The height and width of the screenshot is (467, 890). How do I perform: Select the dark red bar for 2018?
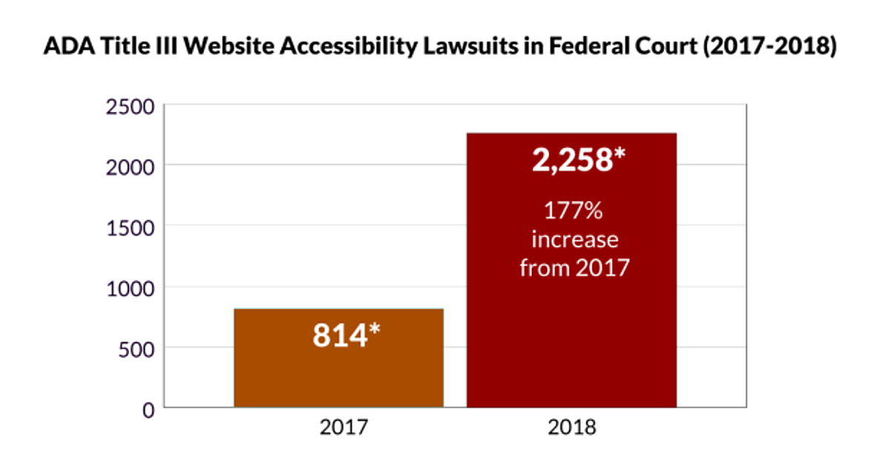click(571, 334)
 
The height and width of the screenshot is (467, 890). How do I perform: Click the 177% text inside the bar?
click(573, 211)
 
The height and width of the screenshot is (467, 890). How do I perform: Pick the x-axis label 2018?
click(572, 428)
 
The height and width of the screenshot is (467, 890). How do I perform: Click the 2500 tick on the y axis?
click(131, 106)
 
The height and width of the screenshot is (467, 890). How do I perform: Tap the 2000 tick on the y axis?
click(131, 166)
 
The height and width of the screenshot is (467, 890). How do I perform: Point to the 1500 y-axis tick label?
click(131, 227)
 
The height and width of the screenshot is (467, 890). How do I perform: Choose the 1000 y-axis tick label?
click(131, 288)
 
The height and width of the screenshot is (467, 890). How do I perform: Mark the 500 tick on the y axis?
click(136, 348)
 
